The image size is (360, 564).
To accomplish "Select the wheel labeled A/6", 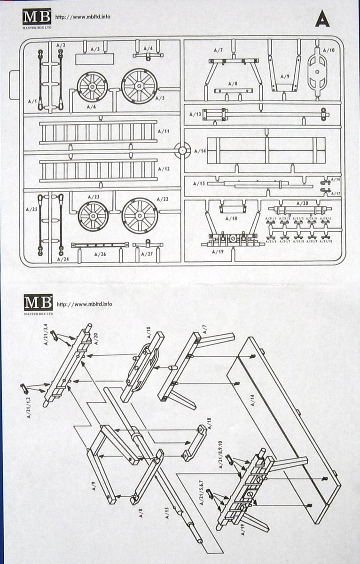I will point(92,87).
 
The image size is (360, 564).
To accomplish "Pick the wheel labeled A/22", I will point(140,215).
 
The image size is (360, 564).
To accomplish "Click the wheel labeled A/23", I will point(93,216).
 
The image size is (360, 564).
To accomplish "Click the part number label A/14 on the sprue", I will point(200,151).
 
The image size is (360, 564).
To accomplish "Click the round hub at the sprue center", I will point(182,150).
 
